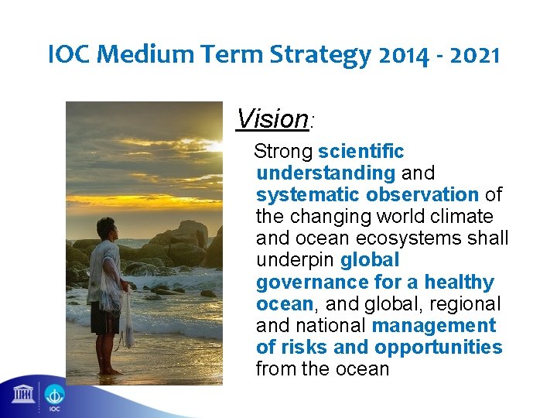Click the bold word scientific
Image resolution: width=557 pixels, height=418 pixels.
coord(361,152)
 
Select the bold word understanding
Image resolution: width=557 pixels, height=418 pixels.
coord(326,173)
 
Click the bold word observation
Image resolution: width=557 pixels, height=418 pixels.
coord(422,195)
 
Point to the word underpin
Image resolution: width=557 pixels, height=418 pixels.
coord(295,260)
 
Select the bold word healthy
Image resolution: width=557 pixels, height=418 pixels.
coord(458,283)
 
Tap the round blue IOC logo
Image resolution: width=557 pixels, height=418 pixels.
coord(54,396)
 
